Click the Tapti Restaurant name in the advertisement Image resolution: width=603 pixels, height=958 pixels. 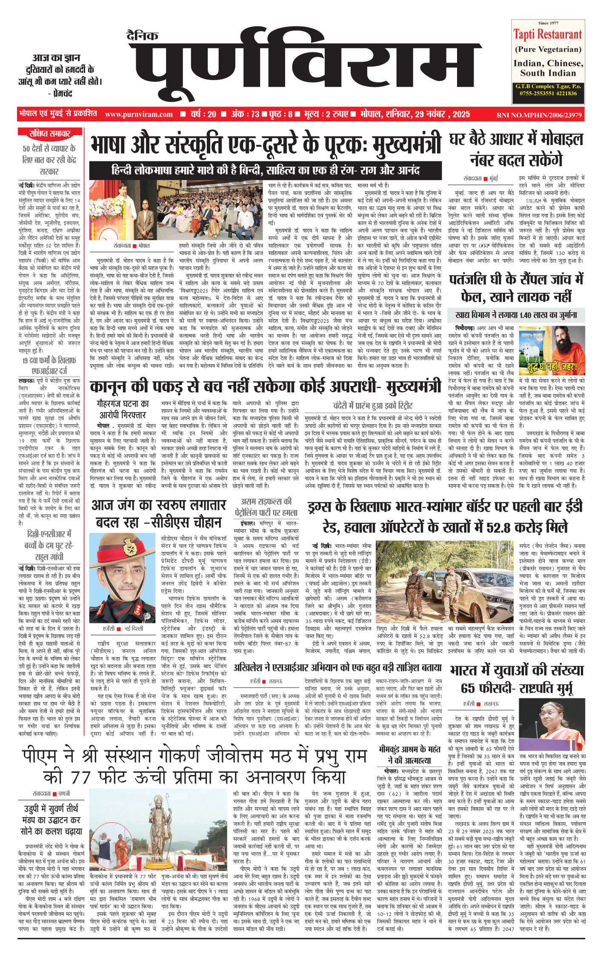point(547,34)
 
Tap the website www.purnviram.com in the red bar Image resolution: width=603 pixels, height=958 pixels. point(139,114)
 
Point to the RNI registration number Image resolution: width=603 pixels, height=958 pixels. point(539,115)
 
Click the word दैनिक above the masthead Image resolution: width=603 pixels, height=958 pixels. point(143,36)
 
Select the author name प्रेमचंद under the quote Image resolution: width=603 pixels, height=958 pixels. point(62,93)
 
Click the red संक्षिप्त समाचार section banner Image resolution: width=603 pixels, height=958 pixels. point(50,134)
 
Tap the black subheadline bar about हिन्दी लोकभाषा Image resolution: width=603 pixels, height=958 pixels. point(265,171)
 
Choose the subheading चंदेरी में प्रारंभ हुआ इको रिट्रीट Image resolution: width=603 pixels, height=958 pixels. point(372,405)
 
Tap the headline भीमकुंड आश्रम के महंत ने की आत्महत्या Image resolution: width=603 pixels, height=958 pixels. point(409,755)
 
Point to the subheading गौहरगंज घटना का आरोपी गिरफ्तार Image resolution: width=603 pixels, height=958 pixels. point(123,409)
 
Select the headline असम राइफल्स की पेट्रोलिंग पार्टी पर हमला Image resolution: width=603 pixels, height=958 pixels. point(266,507)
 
